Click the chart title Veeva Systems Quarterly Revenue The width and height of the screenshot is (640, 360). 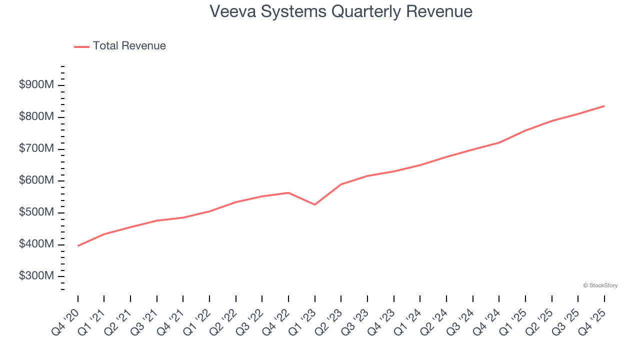coord(341,11)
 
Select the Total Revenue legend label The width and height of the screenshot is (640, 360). coord(129,46)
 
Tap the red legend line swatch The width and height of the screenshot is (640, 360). coord(81,46)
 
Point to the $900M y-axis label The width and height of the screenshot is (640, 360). coord(36,85)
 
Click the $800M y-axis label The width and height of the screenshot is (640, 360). coord(36,117)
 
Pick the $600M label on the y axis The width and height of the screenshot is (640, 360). coord(36,180)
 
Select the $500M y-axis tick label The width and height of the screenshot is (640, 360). coord(36,212)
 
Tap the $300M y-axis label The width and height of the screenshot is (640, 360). coord(36,276)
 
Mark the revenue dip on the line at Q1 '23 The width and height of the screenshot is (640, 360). coord(314,204)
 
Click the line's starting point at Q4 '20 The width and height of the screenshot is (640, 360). coord(78,245)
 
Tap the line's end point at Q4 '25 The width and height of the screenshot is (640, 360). coord(604,106)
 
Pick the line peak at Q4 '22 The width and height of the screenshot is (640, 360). coord(288,192)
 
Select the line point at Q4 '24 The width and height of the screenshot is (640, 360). coord(499,142)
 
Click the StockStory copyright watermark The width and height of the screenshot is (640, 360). coord(600,285)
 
